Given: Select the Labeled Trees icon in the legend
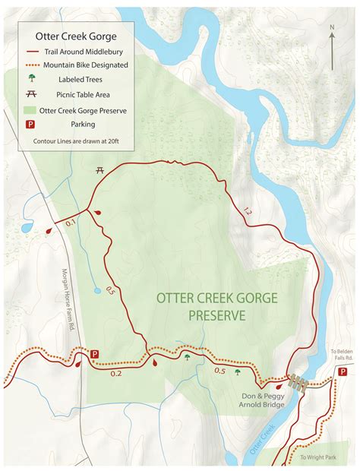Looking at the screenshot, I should coord(32,79).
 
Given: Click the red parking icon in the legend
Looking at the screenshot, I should coord(32,125).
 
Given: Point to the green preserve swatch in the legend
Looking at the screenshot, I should coord(32,109).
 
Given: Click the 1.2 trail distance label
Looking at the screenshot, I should coord(246,211).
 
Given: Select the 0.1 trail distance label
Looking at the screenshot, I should coord(71,223).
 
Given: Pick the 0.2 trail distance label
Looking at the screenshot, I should coord(116,373).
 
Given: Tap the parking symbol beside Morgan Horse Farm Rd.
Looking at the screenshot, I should coord(95,354).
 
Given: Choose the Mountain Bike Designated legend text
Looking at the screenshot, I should coord(85,65).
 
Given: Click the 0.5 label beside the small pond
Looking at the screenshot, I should coord(111,289).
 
